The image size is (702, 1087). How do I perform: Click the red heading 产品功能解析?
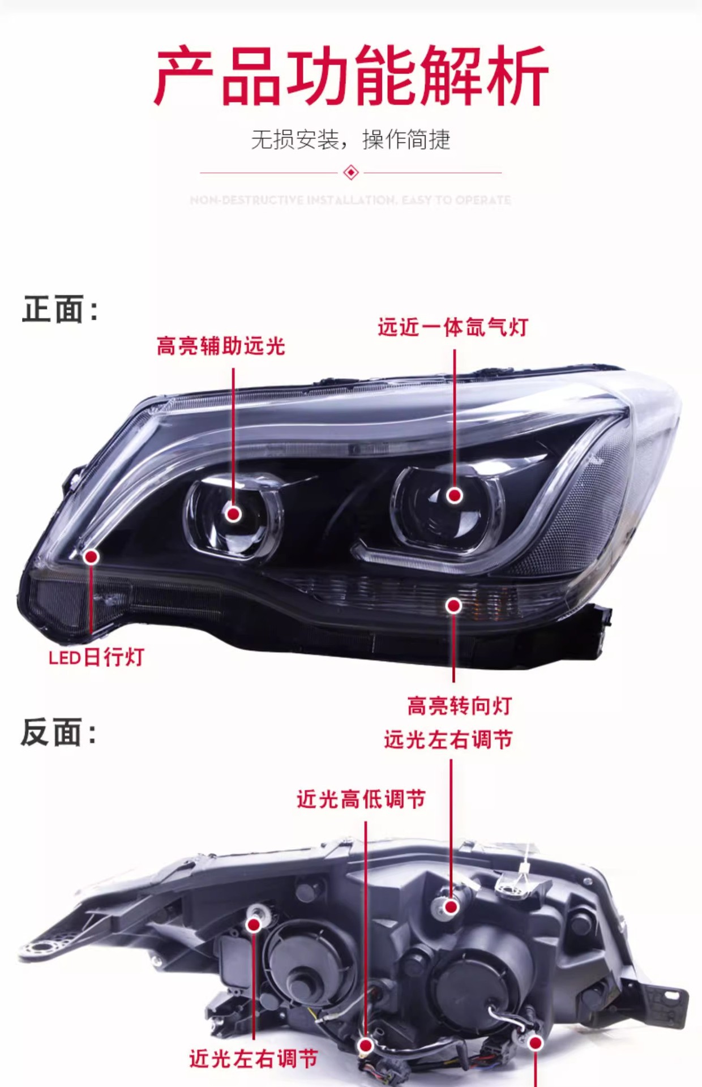point(351,76)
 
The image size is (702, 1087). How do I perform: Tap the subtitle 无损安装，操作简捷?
point(350,139)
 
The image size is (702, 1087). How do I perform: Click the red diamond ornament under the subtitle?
point(351,172)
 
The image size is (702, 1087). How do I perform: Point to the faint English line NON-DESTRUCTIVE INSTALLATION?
point(350,200)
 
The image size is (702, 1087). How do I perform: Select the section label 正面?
point(60,309)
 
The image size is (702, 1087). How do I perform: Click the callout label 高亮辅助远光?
point(221,346)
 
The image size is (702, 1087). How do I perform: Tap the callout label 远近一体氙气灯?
point(453,327)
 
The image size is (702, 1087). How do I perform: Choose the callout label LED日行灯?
point(97,657)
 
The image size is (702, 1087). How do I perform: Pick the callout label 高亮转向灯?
point(459,706)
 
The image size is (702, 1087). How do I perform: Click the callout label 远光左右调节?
point(448,739)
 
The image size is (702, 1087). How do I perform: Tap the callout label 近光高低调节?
point(361,799)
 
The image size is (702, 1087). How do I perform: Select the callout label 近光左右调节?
point(253,1059)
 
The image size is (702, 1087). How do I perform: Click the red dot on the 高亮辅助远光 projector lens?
point(233,513)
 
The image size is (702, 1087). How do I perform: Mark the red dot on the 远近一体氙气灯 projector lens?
point(454,495)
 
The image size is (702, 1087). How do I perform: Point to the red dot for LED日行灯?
point(91,557)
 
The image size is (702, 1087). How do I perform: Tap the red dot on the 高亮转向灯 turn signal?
point(453,606)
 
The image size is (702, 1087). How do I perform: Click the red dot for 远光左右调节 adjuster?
point(451,906)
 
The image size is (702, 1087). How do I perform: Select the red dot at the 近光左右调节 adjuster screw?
point(254,925)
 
